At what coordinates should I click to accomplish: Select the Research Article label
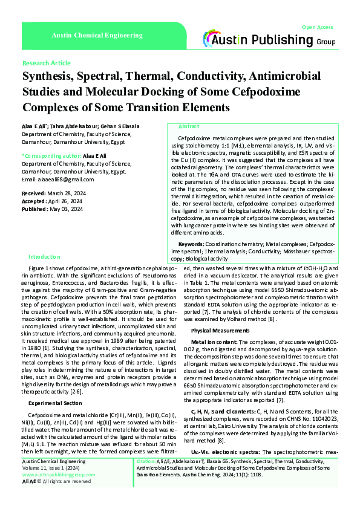46,63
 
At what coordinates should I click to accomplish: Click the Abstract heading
189,126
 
